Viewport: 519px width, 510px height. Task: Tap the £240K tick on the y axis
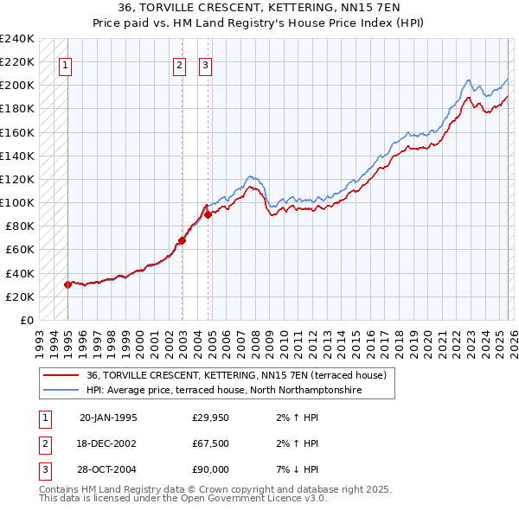click(17, 39)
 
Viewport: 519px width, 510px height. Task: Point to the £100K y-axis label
click(17, 202)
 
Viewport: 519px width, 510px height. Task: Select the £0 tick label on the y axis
click(26, 320)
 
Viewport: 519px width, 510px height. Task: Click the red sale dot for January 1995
click(67, 284)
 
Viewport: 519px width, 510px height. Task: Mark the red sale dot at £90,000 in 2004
click(208, 214)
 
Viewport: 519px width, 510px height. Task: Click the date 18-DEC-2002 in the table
click(108, 443)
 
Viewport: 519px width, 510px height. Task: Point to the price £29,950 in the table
click(210, 418)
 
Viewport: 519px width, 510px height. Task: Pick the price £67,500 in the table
click(210, 443)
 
